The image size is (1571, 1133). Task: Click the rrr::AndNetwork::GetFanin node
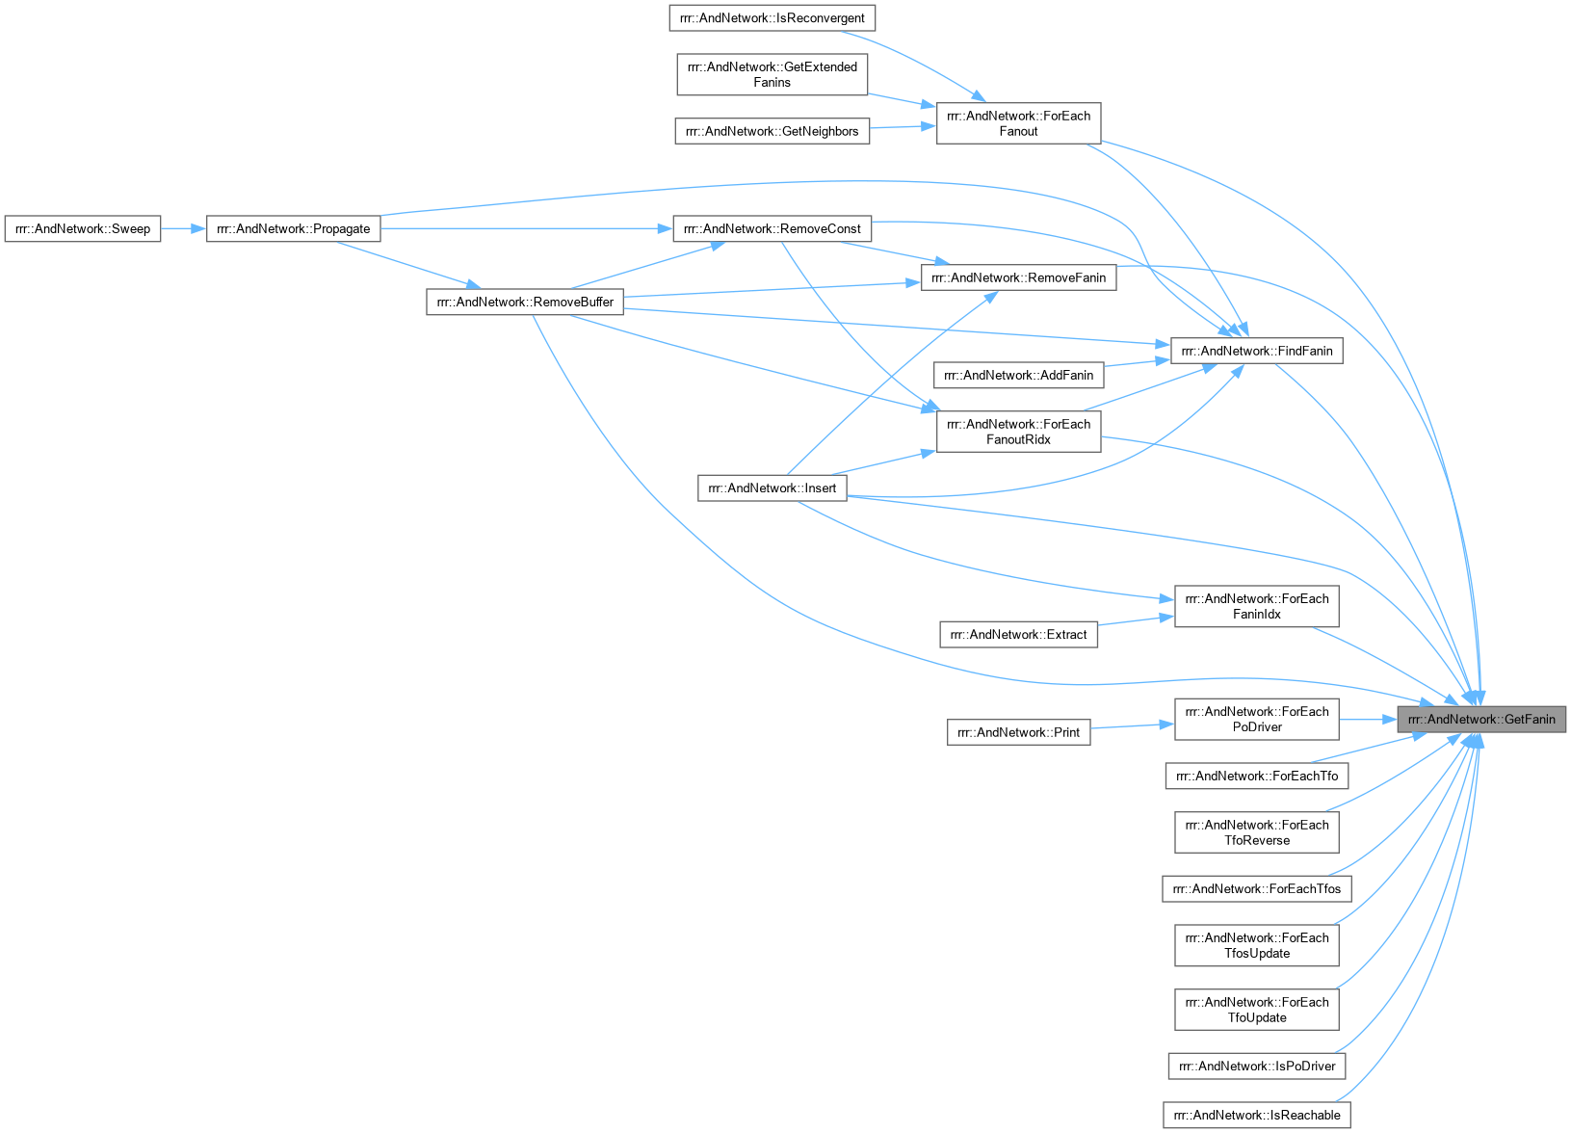click(x=1481, y=720)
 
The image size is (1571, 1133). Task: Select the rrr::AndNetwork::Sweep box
click(x=83, y=229)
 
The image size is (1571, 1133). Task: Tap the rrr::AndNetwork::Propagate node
click(x=294, y=229)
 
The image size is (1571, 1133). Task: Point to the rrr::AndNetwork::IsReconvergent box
click(x=772, y=18)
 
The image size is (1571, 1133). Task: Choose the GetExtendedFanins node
click(x=772, y=74)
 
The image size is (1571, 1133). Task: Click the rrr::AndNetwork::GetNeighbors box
click(x=772, y=132)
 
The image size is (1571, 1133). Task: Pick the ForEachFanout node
click(x=1018, y=123)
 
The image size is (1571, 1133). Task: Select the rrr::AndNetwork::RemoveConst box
click(x=772, y=229)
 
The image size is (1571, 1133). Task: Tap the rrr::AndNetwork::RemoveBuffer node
click(x=525, y=303)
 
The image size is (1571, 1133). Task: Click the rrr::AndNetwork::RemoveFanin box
click(x=1018, y=278)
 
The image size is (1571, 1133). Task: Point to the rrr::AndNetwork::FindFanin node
click(x=1257, y=352)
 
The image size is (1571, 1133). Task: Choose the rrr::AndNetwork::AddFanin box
click(x=1018, y=376)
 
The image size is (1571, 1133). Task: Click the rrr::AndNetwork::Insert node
click(x=772, y=488)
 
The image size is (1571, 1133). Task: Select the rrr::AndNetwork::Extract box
click(x=1018, y=635)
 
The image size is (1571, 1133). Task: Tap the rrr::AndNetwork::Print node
click(x=1018, y=733)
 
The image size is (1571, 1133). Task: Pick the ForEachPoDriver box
click(x=1257, y=720)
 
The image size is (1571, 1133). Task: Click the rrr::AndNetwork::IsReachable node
click(x=1257, y=1116)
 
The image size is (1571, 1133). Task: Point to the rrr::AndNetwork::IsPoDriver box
click(x=1257, y=1067)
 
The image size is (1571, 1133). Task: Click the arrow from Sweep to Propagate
click(x=183, y=229)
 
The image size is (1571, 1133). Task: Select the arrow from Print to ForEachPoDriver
click(x=1132, y=725)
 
